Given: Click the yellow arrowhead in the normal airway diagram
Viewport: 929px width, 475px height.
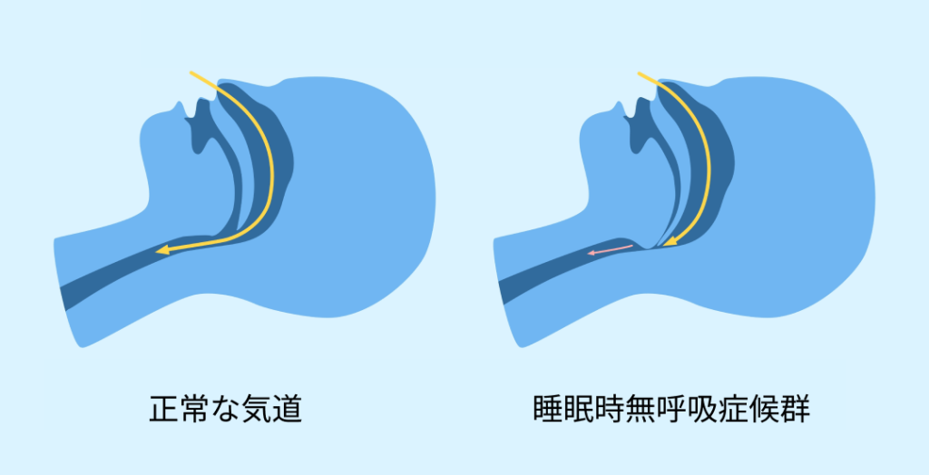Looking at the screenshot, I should point(161,250).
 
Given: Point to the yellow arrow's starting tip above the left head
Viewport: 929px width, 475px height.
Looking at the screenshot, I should point(191,72).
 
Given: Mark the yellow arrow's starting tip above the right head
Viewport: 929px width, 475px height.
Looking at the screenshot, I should point(638,72).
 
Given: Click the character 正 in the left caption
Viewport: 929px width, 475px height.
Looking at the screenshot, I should point(164,410).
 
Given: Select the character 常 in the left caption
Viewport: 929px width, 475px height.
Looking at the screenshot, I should point(195,410).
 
